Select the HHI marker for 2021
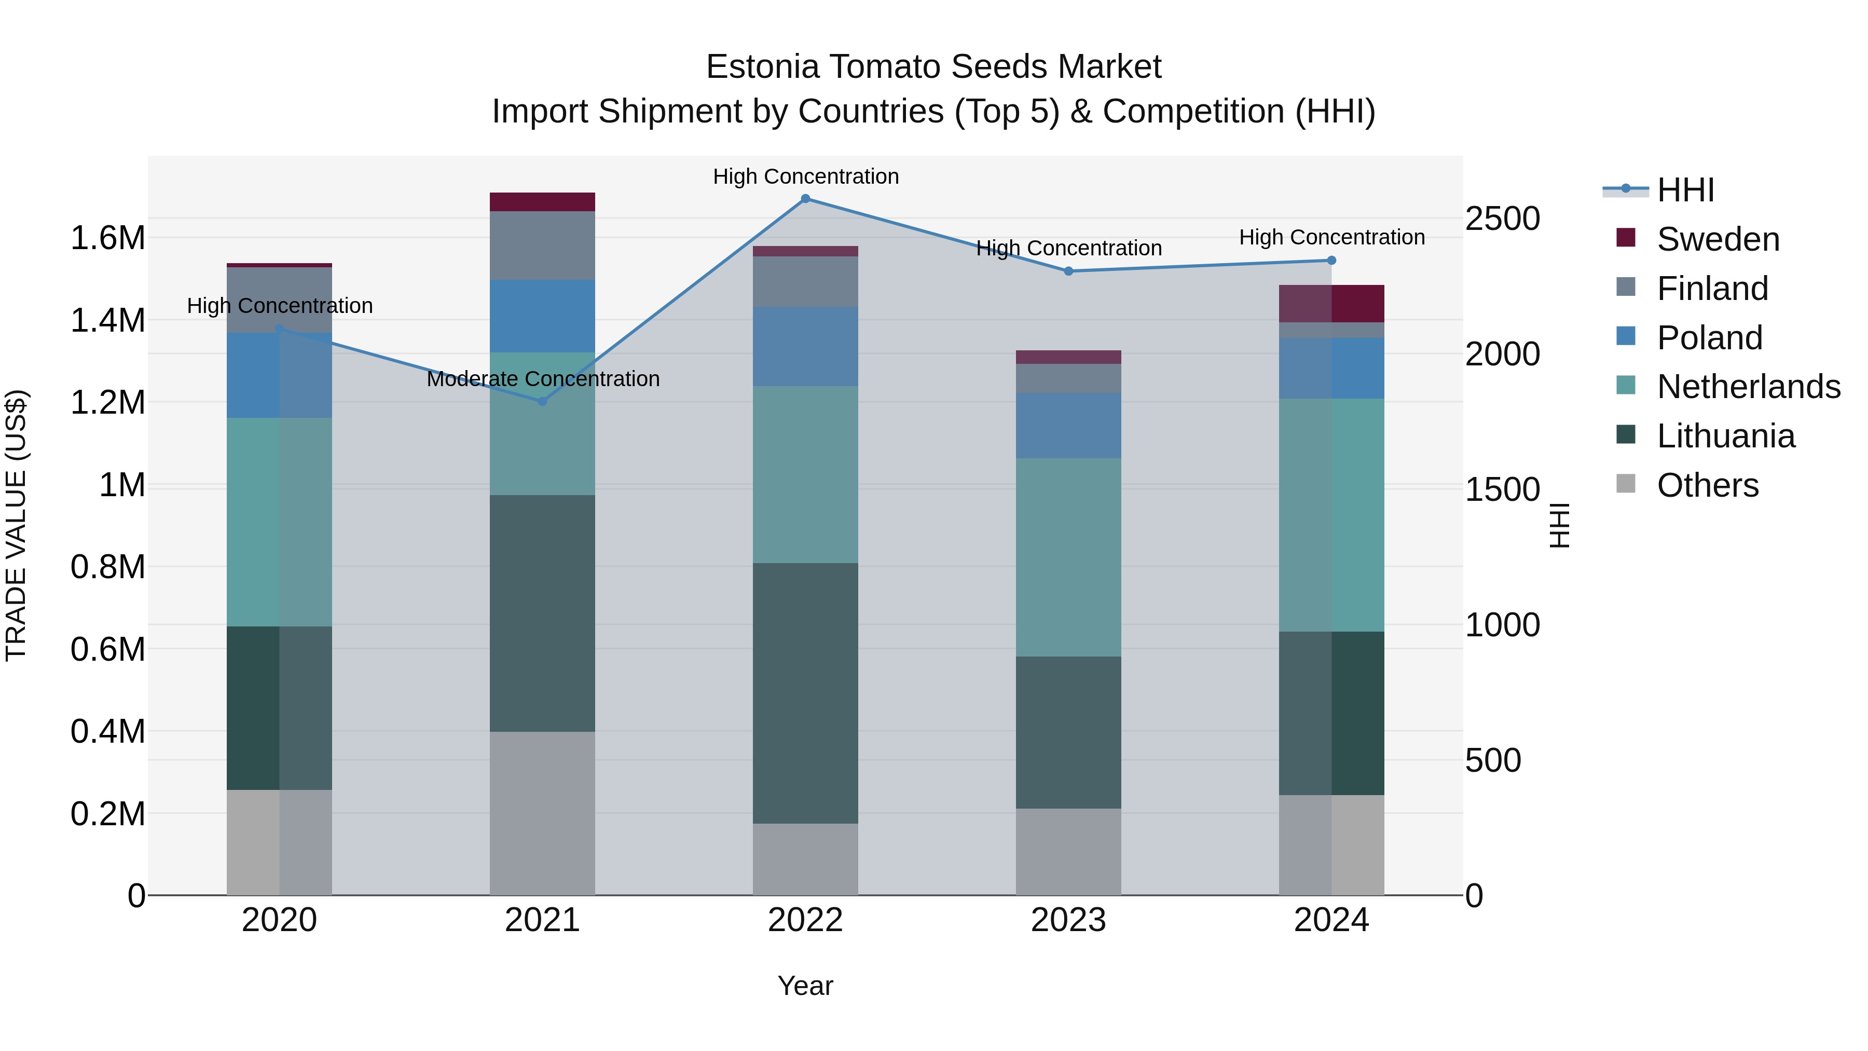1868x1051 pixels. tap(542, 401)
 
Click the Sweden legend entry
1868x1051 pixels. tap(1717, 239)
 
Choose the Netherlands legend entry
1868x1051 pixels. tap(1748, 387)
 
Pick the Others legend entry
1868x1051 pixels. tap(1707, 485)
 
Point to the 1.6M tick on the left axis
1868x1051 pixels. tap(107, 238)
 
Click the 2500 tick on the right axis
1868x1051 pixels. tap(1503, 219)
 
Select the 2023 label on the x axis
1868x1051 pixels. tap(1068, 920)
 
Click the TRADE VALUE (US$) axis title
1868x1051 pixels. tap(16, 525)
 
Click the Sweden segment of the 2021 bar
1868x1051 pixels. tap(542, 202)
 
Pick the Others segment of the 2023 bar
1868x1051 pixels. tap(1068, 852)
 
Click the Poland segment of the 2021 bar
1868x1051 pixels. tap(542, 316)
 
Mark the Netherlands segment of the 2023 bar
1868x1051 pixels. tap(1068, 557)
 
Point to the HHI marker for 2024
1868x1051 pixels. tap(1331, 261)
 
